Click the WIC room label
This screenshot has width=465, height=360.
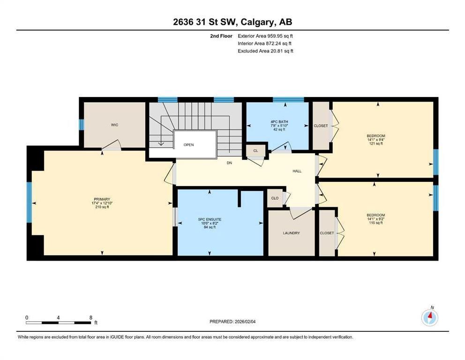click(114, 125)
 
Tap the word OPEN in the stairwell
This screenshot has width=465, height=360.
click(188, 145)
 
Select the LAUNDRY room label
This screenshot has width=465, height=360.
click(291, 233)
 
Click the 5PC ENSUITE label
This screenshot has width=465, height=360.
click(210, 220)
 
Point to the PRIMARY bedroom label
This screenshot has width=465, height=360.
click(102, 199)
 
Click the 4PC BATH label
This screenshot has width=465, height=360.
click(279, 122)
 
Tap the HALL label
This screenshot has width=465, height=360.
click(297, 171)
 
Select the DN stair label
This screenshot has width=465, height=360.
click(229, 163)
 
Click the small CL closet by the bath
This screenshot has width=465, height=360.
click(255, 150)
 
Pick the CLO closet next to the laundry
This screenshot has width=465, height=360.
click(275, 198)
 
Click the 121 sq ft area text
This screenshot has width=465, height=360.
click(376, 143)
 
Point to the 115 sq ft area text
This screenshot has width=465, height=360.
click(376, 223)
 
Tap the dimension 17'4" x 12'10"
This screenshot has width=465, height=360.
click(102, 203)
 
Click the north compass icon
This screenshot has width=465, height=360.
click(430, 318)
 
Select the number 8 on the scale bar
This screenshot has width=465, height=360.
click(91, 318)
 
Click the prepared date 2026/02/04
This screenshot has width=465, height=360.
click(245, 322)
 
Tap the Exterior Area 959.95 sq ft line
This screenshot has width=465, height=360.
click(265, 36)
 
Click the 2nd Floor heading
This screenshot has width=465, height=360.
click(221, 36)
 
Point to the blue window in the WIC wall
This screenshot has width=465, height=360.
click(81, 124)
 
